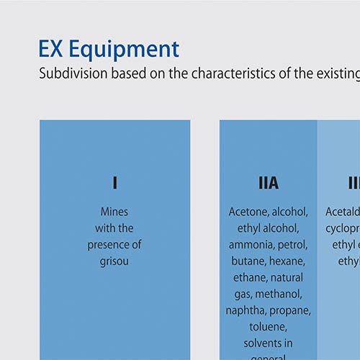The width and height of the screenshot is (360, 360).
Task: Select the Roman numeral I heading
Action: click(x=114, y=184)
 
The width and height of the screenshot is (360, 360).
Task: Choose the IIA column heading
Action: click(x=268, y=184)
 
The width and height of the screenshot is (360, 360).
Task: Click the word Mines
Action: click(x=114, y=212)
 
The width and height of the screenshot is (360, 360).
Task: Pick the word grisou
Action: click(x=114, y=261)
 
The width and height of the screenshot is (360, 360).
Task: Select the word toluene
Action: click(x=268, y=327)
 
